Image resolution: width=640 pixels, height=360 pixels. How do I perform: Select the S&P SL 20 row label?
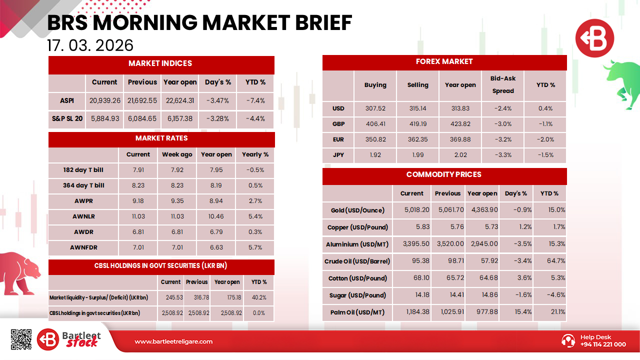click(x=67, y=119)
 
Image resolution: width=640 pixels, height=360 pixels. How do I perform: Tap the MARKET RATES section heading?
click(x=161, y=138)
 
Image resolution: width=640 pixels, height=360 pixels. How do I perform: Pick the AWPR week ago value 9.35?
click(x=177, y=201)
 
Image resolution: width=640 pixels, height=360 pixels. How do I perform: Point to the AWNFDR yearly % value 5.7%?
click(x=255, y=247)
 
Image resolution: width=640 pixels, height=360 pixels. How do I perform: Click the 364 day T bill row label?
click(x=83, y=185)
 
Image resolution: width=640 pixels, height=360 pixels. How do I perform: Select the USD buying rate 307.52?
click(x=375, y=108)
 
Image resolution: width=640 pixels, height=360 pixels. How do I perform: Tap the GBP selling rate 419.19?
click(x=417, y=124)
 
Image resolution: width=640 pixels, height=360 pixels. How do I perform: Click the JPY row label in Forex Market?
click(x=338, y=155)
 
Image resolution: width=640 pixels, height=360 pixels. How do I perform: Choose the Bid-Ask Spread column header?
click(x=503, y=84)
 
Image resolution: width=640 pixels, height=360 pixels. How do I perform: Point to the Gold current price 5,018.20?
click(x=416, y=210)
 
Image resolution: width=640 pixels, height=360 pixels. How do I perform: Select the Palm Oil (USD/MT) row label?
click(x=357, y=312)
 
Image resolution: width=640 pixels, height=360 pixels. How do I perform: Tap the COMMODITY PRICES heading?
click(x=444, y=174)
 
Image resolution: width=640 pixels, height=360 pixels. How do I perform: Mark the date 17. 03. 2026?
click(x=90, y=45)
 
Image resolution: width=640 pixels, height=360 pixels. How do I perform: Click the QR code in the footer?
click(x=21, y=339)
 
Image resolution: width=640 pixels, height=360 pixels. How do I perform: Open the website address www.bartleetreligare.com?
click(x=173, y=341)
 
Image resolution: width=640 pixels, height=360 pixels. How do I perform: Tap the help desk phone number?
click(x=603, y=344)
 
